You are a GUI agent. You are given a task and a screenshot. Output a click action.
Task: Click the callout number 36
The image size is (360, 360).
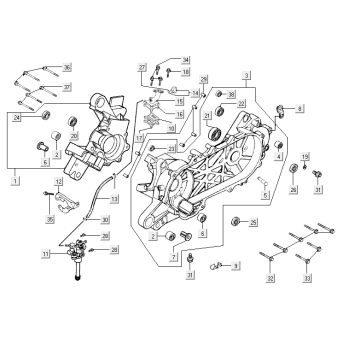(67, 66)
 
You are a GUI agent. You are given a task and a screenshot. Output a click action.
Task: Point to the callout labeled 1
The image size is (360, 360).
(14, 182)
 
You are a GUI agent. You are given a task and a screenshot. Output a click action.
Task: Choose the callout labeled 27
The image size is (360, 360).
(143, 65)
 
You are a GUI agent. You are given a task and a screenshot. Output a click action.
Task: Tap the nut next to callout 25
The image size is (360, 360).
(236, 220)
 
